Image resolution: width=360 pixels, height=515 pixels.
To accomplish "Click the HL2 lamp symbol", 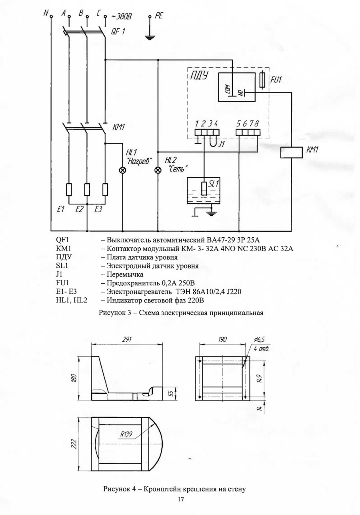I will point(158,170).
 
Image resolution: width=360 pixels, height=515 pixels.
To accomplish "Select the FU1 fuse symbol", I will point(262,80).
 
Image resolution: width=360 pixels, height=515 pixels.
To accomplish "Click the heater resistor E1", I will point(69,189).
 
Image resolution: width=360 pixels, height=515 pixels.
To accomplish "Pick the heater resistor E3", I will point(105,189).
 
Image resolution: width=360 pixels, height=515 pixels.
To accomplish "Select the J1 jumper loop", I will point(212,141).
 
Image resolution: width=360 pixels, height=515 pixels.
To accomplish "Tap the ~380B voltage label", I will point(120,16).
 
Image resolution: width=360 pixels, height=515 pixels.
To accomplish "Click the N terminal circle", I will point(51,17).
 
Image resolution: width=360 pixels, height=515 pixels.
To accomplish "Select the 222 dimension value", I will point(74,444).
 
